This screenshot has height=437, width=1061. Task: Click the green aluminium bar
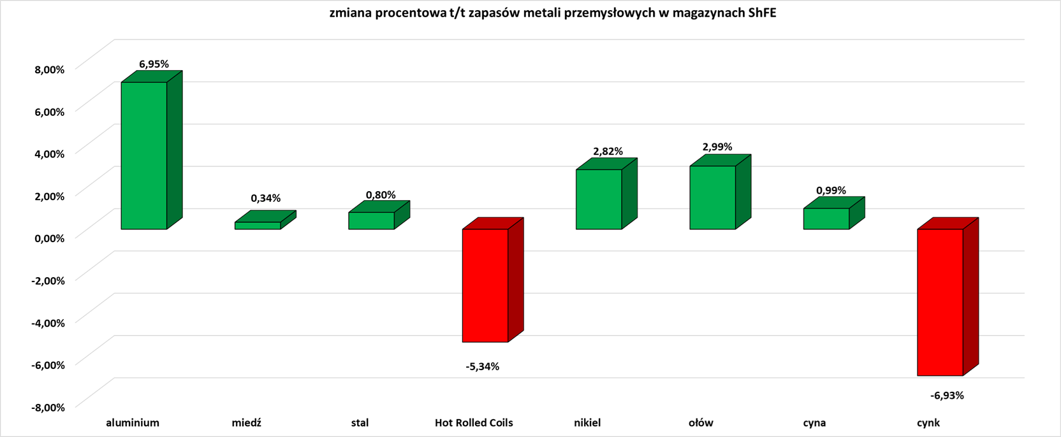click(144, 155)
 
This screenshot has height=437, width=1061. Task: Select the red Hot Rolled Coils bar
click(485, 285)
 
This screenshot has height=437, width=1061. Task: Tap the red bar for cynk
click(940, 302)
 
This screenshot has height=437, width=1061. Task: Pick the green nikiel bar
click(599, 199)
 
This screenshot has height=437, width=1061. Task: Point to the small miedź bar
click(258, 226)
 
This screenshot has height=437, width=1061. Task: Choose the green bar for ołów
click(712, 197)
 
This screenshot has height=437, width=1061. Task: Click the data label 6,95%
click(154, 64)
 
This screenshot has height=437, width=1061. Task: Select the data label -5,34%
click(483, 366)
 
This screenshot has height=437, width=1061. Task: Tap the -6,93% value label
click(947, 396)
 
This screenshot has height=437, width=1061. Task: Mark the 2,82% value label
click(608, 152)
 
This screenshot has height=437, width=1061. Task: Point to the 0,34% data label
click(265, 198)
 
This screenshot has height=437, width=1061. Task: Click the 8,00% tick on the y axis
click(49, 69)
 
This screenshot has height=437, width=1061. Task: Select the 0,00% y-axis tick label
click(49, 238)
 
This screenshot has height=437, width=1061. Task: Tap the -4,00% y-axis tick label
click(48, 323)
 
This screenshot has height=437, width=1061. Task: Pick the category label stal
click(360, 422)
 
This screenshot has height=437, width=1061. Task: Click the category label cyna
click(814, 422)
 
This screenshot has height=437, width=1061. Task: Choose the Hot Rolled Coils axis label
click(474, 422)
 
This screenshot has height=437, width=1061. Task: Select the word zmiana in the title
click(348, 13)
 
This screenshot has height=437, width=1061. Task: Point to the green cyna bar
click(826, 218)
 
